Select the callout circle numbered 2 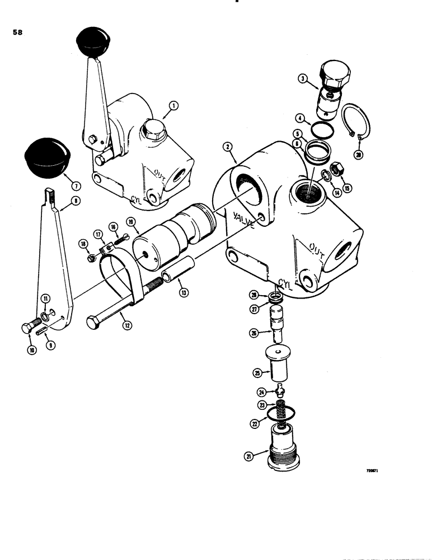pyautogui.click(x=227, y=147)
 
